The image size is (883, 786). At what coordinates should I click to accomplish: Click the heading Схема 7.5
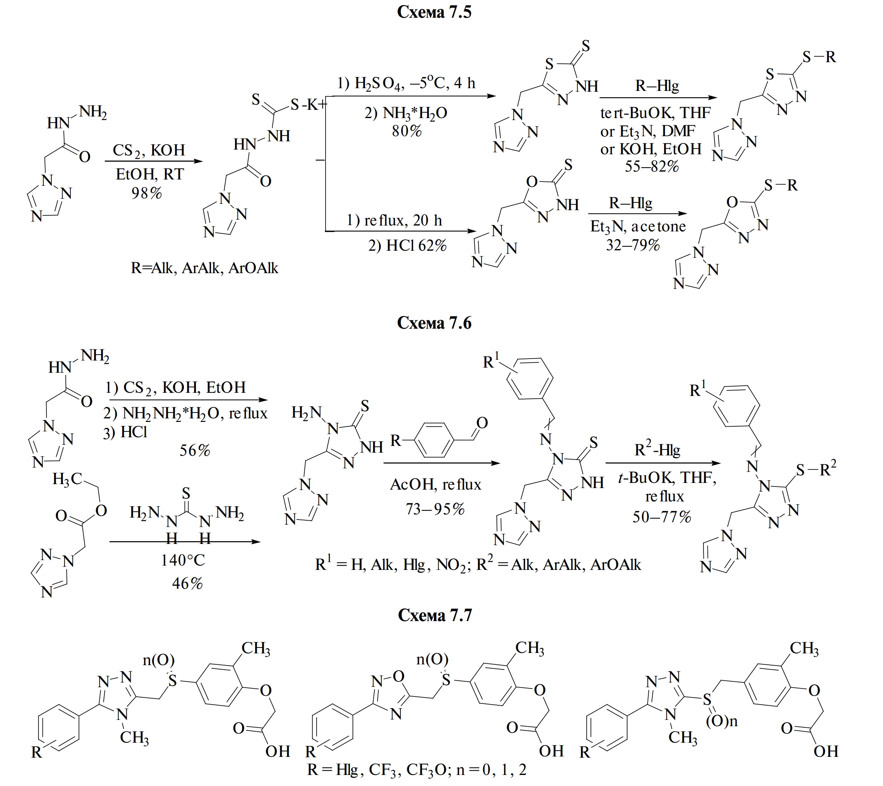point(434,12)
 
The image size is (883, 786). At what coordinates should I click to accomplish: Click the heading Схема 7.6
point(434,323)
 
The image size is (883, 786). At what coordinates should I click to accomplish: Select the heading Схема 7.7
point(435,615)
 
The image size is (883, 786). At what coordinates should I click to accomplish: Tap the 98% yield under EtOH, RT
point(147,193)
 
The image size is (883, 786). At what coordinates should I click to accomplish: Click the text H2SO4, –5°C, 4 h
point(406,83)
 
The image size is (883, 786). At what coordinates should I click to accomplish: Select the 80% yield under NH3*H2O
point(407,131)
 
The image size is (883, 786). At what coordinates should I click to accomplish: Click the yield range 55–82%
point(652,166)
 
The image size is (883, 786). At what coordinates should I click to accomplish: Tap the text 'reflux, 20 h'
point(394,221)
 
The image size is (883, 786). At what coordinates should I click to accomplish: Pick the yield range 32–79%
point(633,245)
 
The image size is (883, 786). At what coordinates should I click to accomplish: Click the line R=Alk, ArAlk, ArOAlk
point(204,268)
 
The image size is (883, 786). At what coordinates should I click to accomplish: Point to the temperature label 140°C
point(183,560)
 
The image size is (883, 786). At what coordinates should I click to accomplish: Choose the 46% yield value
point(187,583)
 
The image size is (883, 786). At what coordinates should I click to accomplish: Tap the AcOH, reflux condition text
point(435,485)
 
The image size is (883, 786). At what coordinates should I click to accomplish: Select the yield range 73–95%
point(435,510)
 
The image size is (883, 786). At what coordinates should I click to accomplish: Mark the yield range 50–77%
point(662,517)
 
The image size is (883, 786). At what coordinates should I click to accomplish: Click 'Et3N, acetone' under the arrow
point(638,227)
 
